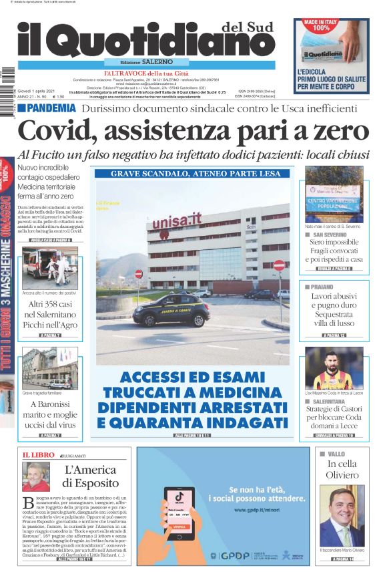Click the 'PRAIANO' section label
tap(326, 287)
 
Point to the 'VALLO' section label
tap(328, 454)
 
